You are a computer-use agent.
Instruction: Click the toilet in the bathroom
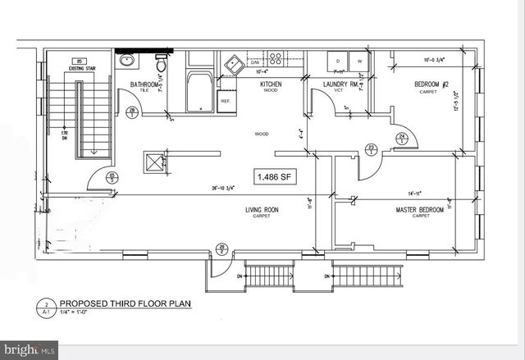(162, 62)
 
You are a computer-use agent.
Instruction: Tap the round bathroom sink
(127, 61)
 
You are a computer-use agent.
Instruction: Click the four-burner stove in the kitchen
(277, 59)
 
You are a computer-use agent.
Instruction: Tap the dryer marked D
(338, 62)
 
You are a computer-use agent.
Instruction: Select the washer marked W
(359, 62)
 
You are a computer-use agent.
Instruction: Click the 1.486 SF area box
(272, 176)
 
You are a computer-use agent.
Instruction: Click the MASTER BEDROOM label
(420, 210)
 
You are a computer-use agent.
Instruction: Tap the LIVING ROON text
(262, 210)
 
